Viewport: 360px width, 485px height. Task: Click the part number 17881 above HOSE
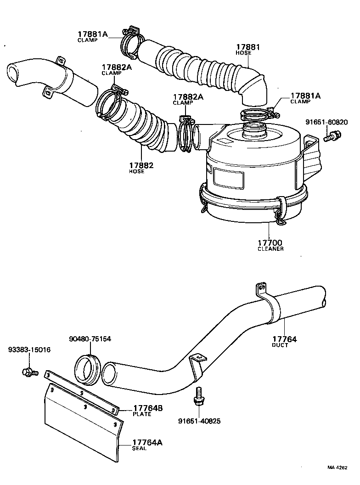(x=248, y=47)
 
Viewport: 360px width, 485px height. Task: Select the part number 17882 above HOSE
(x=141, y=165)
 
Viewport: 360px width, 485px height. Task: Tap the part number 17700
(x=270, y=242)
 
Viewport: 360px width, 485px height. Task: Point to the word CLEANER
(x=270, y=249)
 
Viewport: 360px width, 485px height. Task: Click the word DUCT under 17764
(x=280, y=345)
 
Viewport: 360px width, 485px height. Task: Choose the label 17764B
(x=147, y=408)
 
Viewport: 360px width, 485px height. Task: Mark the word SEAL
(x=139, y=449)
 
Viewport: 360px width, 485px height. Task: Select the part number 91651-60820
(x=327, y=123)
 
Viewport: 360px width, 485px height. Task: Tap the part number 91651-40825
(x=199, y=421)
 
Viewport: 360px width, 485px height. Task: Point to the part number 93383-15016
(x=29, y=350)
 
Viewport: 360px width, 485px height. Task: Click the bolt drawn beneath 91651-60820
(x=332, y=136)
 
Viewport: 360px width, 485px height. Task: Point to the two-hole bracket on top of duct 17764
(x=261, y=289)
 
